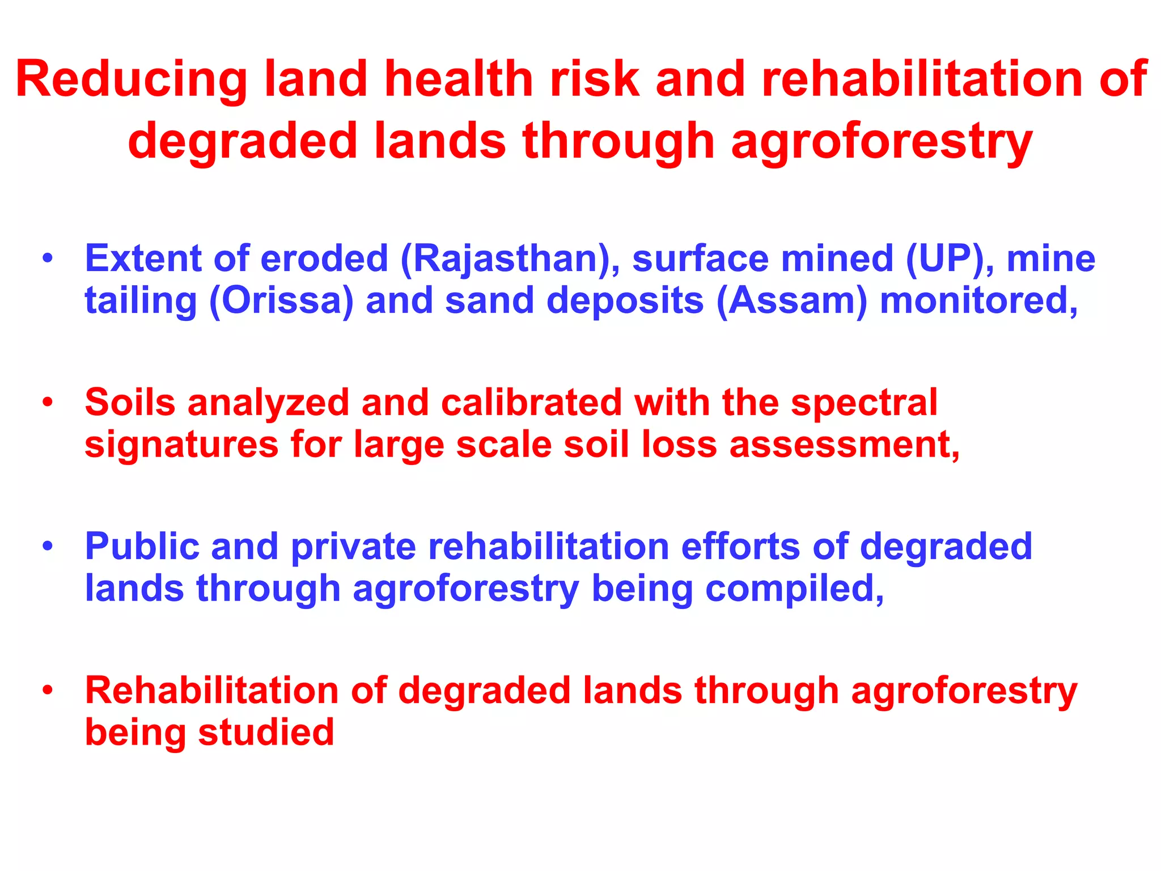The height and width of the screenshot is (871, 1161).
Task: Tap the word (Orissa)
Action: (281, 301)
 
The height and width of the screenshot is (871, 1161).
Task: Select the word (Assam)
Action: (792, 301)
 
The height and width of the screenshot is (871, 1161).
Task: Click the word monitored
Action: (978, 301)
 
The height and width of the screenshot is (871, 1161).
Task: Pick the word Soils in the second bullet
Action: (130, 403)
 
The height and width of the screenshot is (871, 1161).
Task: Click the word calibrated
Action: (531, 403)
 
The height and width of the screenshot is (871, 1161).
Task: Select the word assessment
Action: (844, 445)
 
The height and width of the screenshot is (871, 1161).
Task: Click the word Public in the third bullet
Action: (142, 547)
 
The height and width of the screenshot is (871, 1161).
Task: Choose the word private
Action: (353, 547)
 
